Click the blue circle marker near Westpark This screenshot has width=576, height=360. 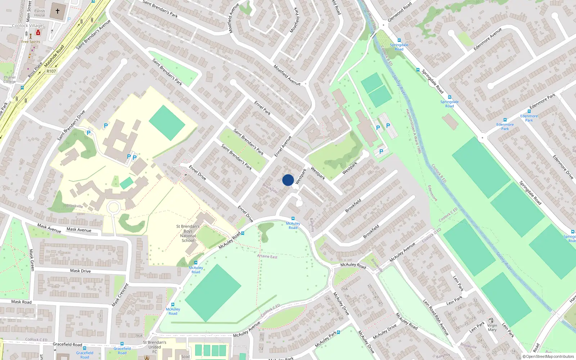[x=288, y=180]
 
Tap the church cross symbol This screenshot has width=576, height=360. [x=58, y=11]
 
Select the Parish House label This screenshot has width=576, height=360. [x=40, y=13]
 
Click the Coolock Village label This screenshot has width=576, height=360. [x=27, y=26]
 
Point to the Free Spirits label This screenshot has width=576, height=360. [x=31, y=42]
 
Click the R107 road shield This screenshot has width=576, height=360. [x=51, y=71]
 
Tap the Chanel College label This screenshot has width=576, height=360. [x=9, y=80]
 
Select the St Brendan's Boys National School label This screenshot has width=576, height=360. [x=188, y=233]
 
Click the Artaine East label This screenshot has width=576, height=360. [x=267, y=256]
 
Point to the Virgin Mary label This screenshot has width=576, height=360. [x=492, y=327]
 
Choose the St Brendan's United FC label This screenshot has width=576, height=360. [x=154, y=347]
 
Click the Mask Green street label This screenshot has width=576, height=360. [x=32, y=260]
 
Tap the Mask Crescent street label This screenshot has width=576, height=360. [x=120, y=295]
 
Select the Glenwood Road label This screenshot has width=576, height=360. [x=400, y=12]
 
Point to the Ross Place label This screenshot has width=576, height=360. [x=35, y=69]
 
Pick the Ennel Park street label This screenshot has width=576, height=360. [x=262, y=108]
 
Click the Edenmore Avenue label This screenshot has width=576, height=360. [x=487, y=39]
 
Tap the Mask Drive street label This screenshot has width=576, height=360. [x=80, y=271]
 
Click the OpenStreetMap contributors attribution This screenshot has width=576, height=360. [x=550, y=356]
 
